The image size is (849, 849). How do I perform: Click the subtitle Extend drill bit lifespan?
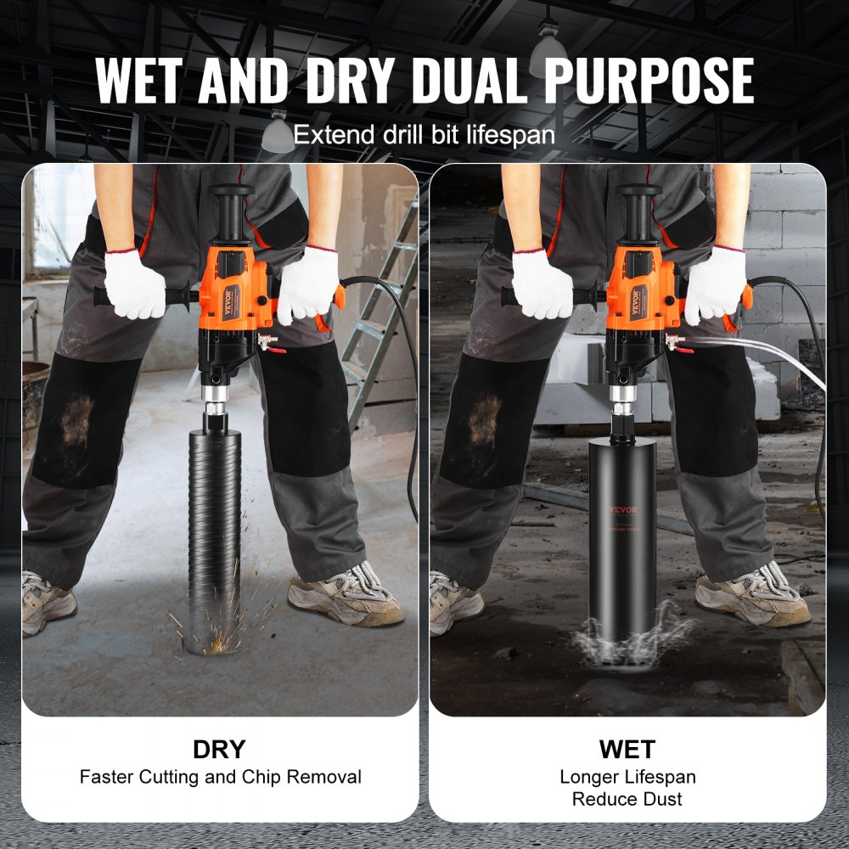point(424,135)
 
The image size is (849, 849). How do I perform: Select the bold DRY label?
point(219,749)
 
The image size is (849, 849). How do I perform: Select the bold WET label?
point(627,749)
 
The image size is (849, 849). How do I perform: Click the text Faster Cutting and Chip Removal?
point(221,776)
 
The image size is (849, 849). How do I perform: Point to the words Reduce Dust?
point(627,798)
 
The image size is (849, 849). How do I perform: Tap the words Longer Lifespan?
point(627,776)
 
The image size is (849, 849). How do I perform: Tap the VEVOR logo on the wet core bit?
point(622,509)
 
